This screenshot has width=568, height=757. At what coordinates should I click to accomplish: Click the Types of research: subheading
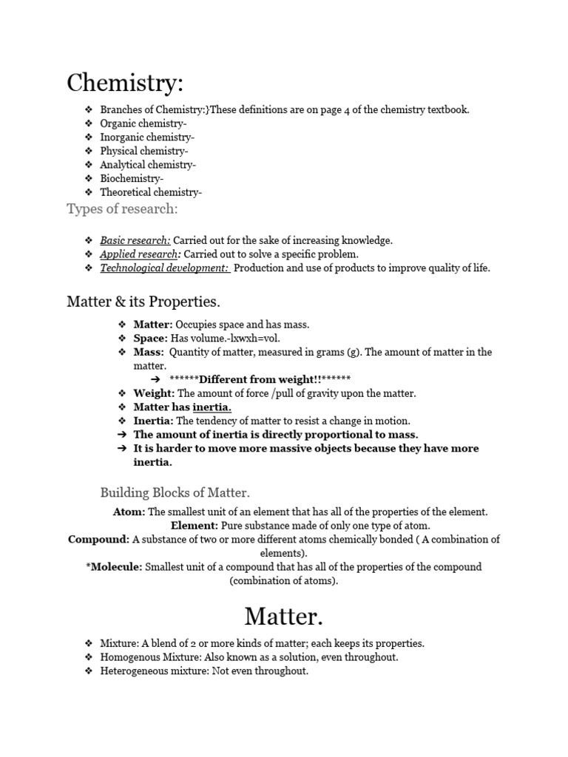click(122, 208)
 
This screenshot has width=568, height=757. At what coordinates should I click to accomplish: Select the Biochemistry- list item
click(132, 178)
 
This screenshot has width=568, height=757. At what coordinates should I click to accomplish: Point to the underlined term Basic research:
click(135, 240)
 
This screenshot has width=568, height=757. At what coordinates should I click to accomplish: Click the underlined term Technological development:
click(165, 268)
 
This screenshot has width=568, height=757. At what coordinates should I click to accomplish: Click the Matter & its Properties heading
click(143, 302)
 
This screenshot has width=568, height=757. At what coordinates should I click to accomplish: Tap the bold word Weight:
click(154, 393)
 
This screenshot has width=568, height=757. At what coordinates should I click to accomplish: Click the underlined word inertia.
click(212, 407)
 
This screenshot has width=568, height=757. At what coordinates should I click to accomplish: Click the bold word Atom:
click(129, 512)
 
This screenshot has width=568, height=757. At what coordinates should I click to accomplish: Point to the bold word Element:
click(195, 526)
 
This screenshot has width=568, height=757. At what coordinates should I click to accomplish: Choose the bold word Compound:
click(98, 540)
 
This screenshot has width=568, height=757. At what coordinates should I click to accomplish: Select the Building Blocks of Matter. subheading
click(175, 492)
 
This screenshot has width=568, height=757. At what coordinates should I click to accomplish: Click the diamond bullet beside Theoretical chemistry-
click(88, 192)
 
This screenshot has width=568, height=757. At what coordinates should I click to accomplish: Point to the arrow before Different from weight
click(156, 379)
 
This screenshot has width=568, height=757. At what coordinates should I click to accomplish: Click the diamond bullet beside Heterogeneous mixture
click(88, 671)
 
